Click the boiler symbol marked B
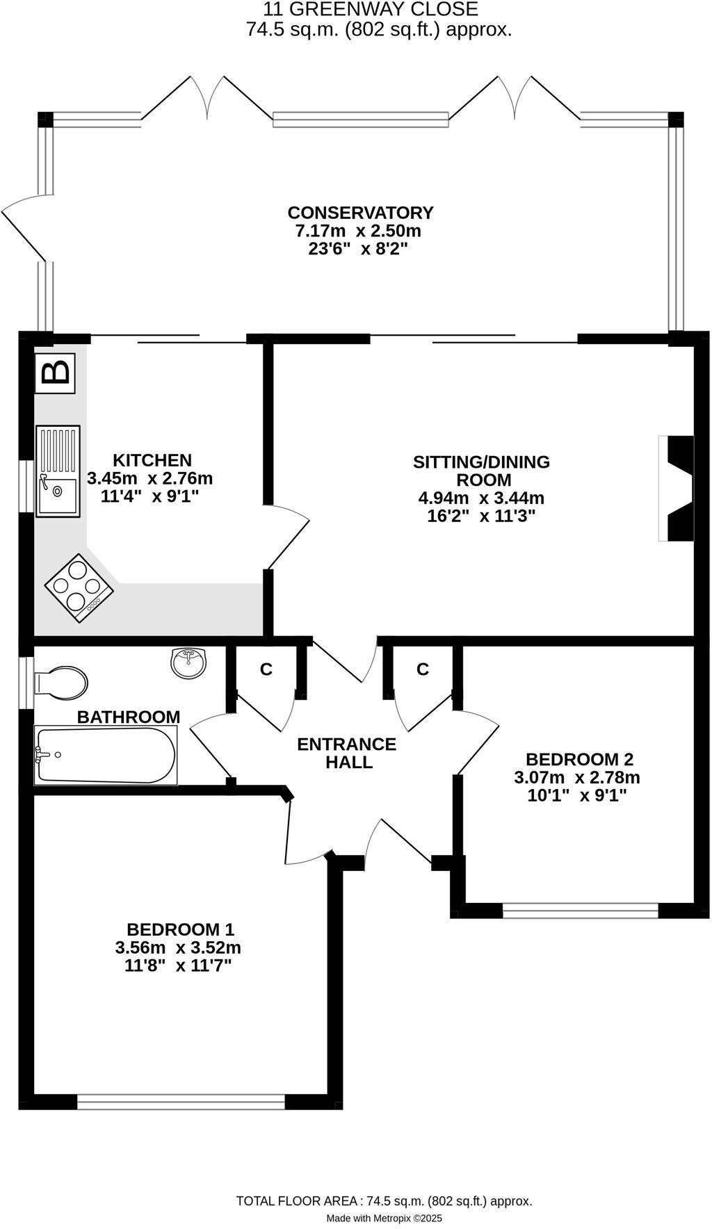[x=55, y=373]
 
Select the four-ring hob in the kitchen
[x=79, y=587]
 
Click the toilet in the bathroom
[x=62, y=683]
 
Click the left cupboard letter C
[x=266, y=669]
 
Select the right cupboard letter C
[x=423, y=669]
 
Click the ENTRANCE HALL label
[x=346, y=753]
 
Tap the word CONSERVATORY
[x=360, y=213]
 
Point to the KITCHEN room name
[x=152, y=460]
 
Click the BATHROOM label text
[x=129, y=717]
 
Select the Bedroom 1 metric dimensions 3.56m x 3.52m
[x=178, y=947]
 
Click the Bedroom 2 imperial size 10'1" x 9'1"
[x=577, y=795]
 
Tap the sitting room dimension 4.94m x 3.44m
[x=481, y=498]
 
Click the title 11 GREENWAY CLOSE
[x=371, y=10]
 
